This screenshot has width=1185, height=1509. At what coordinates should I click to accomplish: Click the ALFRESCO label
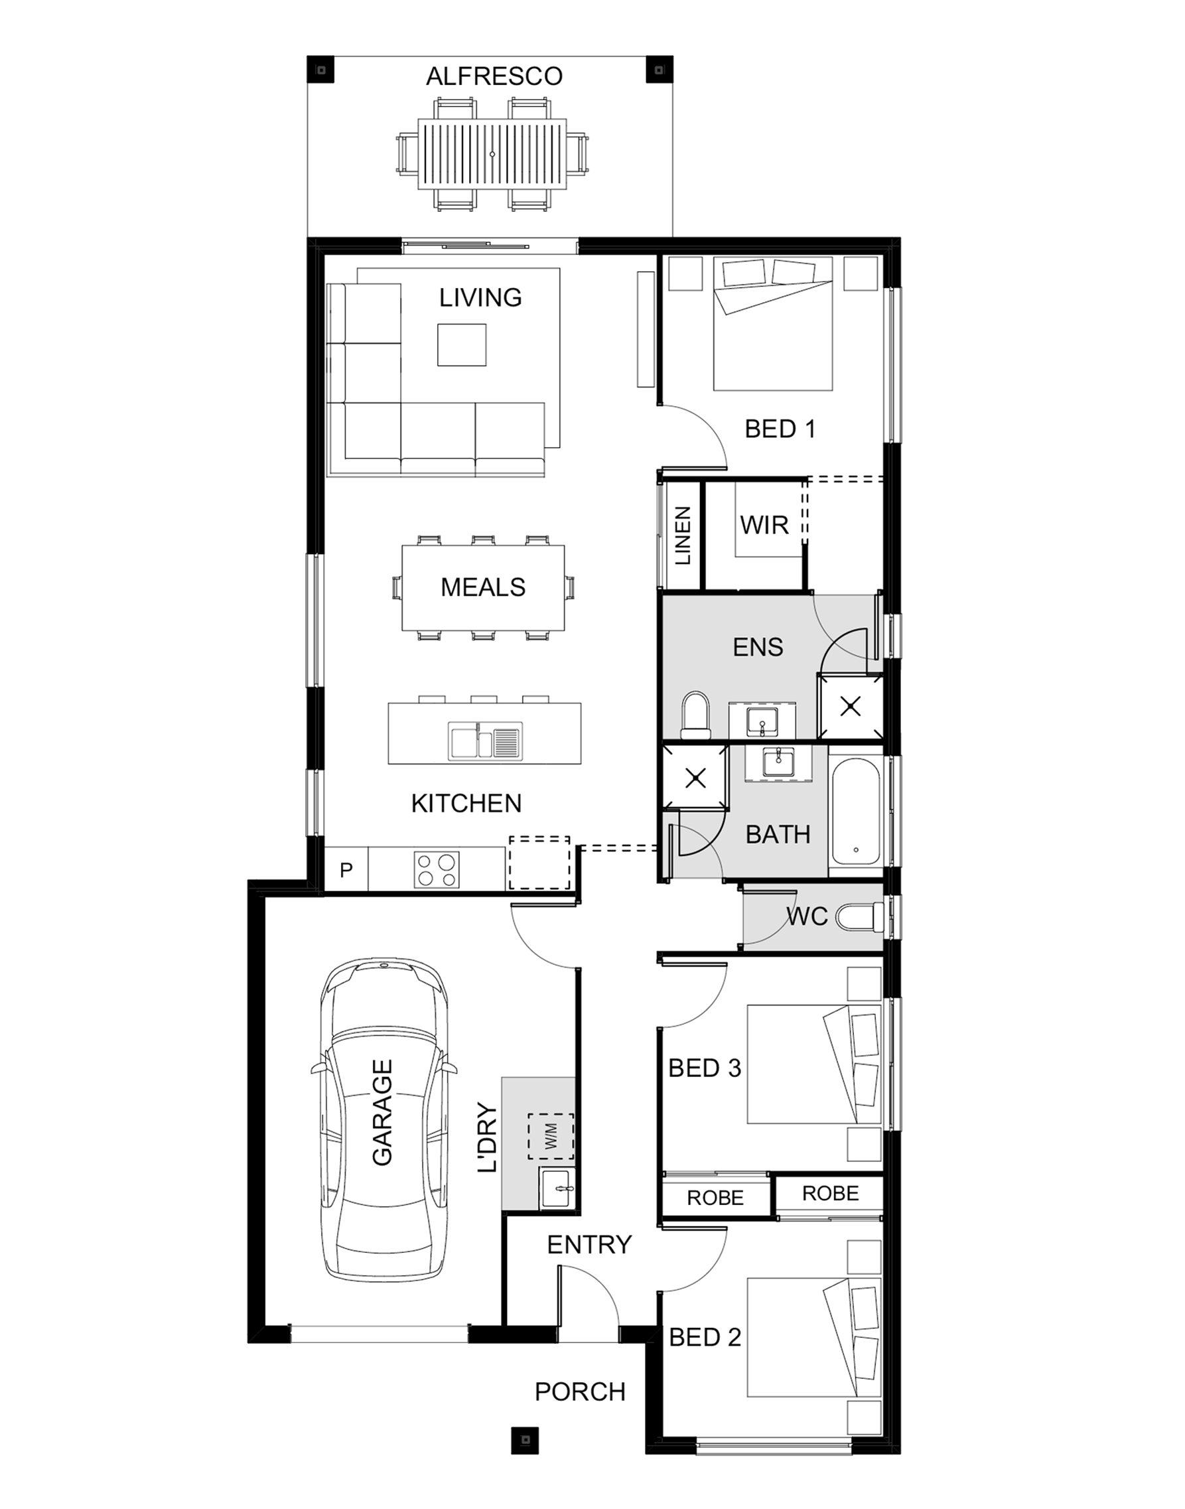[x=494, y=76]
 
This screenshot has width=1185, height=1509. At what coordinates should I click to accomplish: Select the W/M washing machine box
[x=551, y=1137]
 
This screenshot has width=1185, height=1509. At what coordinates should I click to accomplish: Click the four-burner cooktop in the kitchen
[x=437, y=869]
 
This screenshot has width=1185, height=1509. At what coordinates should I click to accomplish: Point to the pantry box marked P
[x=346, y=869]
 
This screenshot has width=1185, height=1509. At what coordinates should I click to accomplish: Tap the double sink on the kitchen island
[x=485, y=741]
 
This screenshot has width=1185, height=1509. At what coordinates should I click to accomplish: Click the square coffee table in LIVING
[x=461, y=345]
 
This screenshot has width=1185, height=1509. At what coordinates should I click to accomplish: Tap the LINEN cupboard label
[x=683, y=536]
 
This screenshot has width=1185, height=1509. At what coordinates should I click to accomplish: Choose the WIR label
[x=764, y=525]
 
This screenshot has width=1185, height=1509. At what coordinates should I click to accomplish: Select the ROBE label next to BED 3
[x=715, y=1198]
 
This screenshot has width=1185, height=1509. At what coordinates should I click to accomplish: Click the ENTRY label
[x=589, y=1245]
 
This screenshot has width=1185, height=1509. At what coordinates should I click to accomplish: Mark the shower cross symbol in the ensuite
[x=851, y=707]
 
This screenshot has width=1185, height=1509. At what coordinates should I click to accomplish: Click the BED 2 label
[x=705, y=1337]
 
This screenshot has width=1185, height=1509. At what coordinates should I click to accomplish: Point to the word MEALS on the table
[x=483, y=588]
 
